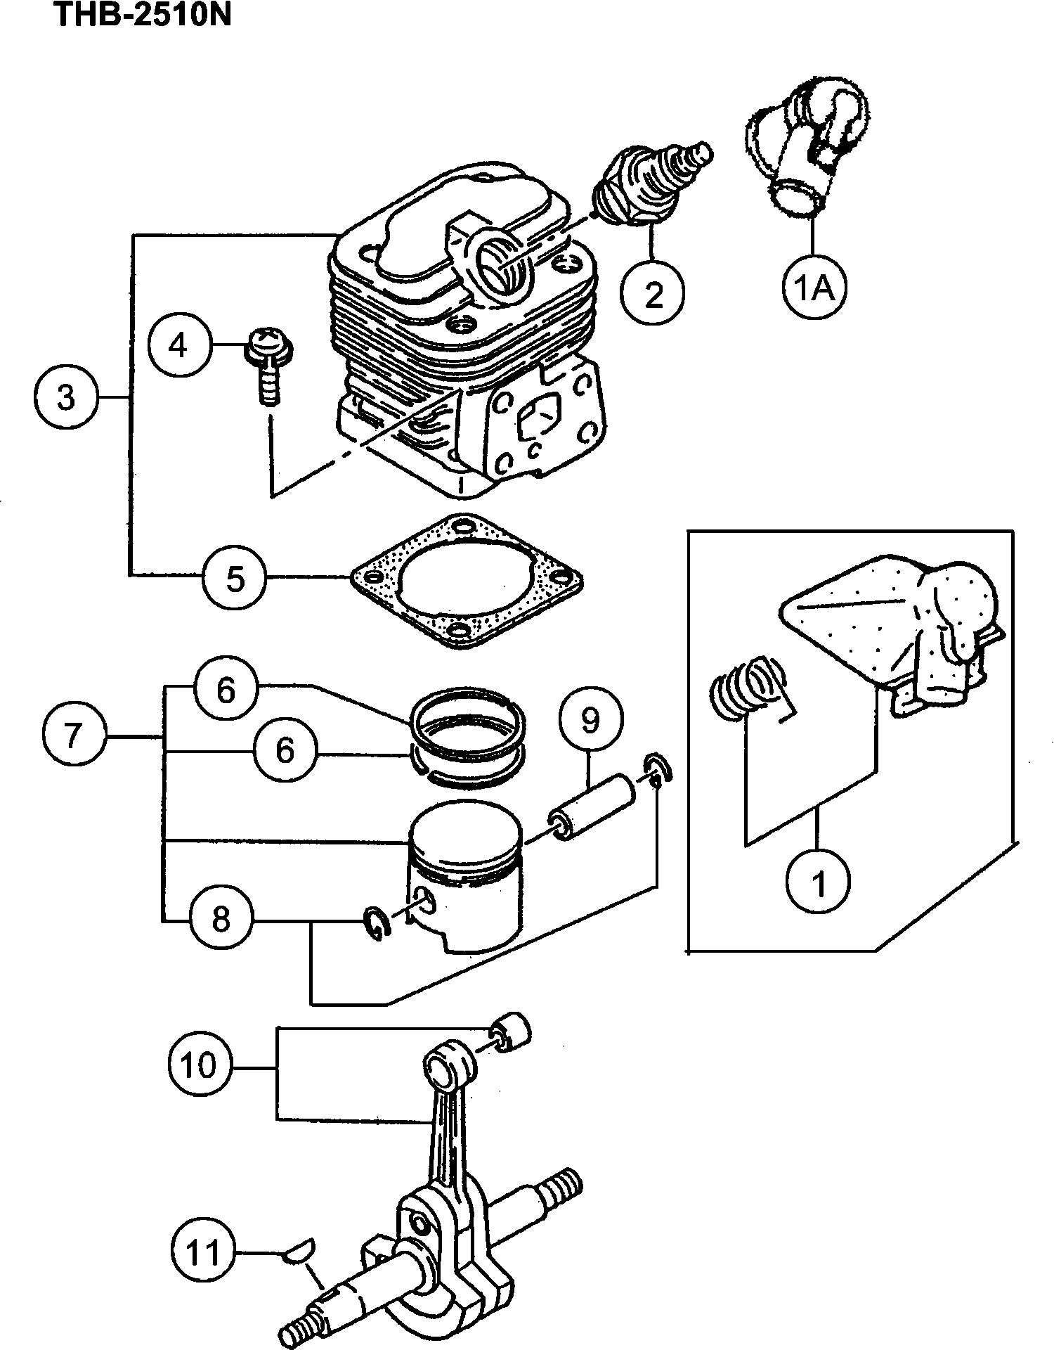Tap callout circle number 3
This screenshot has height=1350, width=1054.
(66, 398)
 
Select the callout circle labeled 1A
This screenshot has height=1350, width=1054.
(814, 287)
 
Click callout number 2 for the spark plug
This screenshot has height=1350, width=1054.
(653, 293)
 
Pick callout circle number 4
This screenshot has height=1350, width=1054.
(179, 345)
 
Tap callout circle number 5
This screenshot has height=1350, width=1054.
(235, 579)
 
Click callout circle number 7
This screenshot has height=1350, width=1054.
(73, 735)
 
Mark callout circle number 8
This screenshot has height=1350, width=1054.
(221, 918)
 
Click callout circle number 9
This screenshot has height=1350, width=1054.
(590, 719)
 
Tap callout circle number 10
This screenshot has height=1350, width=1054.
(200, 1065)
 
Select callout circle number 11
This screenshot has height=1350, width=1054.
(204, 1252)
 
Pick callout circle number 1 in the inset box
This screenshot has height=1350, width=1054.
(819, 883)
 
